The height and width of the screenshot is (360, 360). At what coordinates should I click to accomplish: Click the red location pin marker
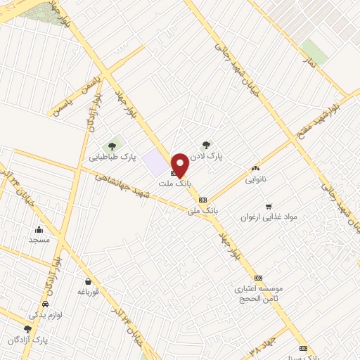click(179, 165)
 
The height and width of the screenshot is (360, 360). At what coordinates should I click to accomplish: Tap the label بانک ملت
click(174, 183)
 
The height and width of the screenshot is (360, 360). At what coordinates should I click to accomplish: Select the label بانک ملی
click(203, 210)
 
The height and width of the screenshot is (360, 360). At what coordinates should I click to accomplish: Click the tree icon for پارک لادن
click(206, 145)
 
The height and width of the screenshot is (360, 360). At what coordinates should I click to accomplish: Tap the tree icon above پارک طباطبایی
click(111, 146)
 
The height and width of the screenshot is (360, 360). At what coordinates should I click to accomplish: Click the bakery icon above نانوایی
click(255, 168)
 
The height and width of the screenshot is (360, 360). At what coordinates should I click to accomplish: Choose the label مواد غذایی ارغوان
click(270, 217)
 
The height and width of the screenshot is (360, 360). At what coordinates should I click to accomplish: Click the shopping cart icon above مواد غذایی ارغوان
click(268, 205)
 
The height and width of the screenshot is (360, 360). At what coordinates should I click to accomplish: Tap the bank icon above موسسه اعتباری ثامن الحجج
click(258, 278)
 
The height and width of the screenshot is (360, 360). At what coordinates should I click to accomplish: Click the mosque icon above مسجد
click(39, 229)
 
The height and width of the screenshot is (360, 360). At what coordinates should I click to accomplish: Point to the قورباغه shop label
click(92, 290)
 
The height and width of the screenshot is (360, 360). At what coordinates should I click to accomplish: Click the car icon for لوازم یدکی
click(46, 304)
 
